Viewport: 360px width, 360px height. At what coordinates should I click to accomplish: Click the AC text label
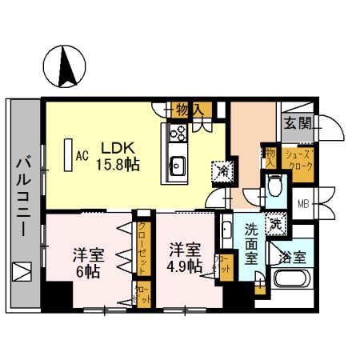80,156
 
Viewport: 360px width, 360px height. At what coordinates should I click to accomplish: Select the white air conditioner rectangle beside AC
66,155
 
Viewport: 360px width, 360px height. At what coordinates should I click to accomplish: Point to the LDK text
114,148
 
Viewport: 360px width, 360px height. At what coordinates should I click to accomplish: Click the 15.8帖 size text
118,164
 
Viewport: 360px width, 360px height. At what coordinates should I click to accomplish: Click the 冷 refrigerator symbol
220,170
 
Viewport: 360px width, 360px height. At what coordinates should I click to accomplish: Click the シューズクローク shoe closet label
298,158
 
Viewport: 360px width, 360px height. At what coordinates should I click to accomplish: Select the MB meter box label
302,202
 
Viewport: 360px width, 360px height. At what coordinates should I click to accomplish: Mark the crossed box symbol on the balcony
22,272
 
